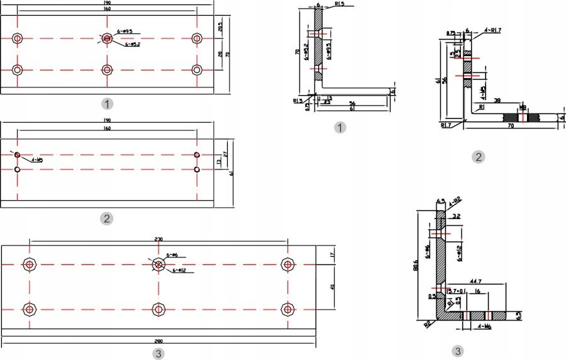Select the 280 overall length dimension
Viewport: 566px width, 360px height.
[158, 342]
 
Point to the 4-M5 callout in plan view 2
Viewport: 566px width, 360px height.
[36, 160]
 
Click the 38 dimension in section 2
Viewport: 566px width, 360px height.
[497, 101]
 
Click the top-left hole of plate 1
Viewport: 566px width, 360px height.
[17, 38]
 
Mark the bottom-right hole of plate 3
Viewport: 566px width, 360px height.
[288, 309]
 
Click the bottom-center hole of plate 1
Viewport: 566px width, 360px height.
[107, 69]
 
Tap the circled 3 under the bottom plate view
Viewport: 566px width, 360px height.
[158, 354]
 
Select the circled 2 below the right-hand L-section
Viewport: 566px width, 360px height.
[478, 157]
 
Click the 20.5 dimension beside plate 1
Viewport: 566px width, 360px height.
[220, 26]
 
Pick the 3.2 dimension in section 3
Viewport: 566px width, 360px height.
[457, 216]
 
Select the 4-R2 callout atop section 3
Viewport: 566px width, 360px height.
[455, 200]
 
